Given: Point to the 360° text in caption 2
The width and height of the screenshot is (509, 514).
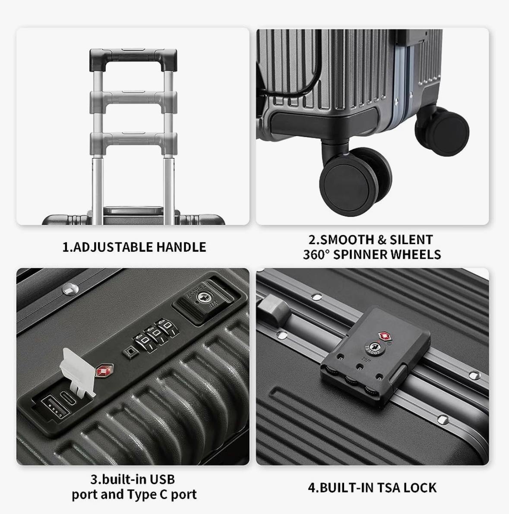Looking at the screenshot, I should [x=316, y=254].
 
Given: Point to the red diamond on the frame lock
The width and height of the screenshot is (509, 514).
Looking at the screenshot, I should [x=383, y=336].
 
